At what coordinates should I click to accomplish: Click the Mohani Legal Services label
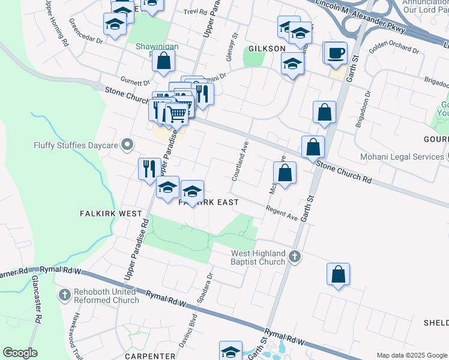pos(401,157)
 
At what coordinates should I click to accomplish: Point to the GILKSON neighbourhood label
pos(267,49)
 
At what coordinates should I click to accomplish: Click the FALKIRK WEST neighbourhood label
pos(111,214)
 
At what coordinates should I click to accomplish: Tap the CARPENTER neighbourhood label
pos(149,356)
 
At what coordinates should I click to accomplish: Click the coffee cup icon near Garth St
pos(336,52)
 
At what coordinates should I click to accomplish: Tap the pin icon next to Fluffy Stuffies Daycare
pos(127,145)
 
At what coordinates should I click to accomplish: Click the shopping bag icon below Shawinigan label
pos(163,61)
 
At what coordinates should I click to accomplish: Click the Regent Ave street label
pos(282,213)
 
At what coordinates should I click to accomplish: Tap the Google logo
pos(20,353)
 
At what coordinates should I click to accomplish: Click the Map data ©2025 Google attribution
pos(411,355)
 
